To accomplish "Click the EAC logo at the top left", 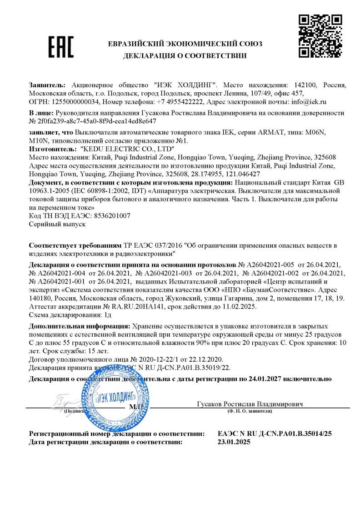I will point(60,47).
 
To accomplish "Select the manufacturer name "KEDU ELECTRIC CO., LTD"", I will point(127,149).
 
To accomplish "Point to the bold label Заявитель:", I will point(47,85).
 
